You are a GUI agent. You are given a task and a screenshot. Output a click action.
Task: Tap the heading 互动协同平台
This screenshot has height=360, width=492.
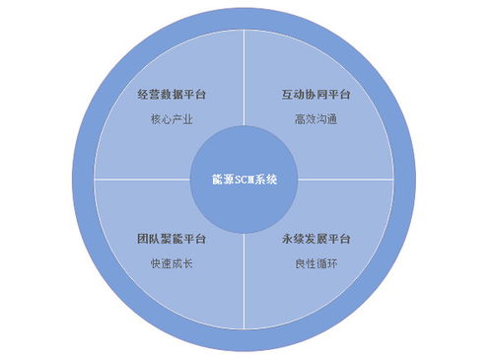[316, 97]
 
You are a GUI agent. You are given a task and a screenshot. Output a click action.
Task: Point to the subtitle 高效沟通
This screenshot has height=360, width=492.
[316, 119]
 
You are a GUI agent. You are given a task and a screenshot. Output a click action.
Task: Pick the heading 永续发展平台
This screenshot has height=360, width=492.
[316, 240]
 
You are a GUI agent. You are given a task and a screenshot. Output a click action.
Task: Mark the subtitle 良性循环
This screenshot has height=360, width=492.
[316, 263]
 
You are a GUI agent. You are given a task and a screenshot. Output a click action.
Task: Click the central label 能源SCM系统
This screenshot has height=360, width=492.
[246, 180]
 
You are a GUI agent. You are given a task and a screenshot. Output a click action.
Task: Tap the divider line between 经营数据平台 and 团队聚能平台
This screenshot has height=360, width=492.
[138, 180]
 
